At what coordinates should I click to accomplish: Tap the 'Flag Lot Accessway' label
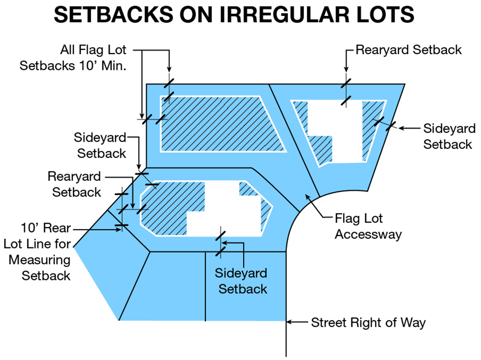point(368,226)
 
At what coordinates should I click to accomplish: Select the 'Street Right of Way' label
point(368,323)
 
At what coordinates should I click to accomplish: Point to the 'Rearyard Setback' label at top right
point(408,50)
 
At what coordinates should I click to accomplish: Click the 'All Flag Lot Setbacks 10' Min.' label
point(73,58)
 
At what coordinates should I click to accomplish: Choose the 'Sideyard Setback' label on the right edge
point(449,136)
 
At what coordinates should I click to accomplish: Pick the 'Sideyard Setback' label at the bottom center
point(241,281)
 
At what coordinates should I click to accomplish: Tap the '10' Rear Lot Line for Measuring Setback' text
point(37,252)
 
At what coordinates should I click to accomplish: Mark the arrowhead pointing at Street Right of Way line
point(289,322)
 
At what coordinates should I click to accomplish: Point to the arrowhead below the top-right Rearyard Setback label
point(346,69)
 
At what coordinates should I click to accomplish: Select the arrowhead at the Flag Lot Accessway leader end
point(307,196)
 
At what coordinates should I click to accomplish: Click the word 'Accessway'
point(368,235)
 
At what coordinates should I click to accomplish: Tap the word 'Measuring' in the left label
point(40,260)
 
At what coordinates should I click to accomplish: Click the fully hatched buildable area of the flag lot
point(221,124)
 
